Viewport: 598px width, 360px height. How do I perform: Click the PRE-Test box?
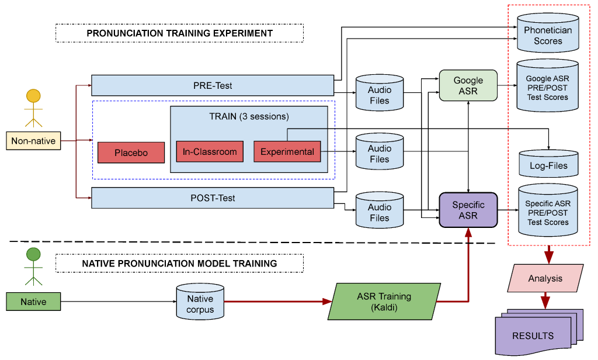[x=213, y=85]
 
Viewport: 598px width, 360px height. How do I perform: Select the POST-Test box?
[x=213, y=198]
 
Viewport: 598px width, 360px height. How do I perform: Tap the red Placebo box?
[x=131, y=153]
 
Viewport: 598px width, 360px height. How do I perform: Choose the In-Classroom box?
[x=210, y=152]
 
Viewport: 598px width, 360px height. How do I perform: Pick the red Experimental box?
[x=287, y=152]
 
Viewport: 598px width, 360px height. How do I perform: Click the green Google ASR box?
[x=468, y=85]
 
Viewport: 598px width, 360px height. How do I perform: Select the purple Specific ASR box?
[x=468, y=210]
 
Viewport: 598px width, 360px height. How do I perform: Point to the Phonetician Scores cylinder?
[x=547, y=36]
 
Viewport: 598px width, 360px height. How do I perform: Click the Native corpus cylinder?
[x=200, y=303]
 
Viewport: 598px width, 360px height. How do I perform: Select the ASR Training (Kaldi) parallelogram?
[x=384, y=302]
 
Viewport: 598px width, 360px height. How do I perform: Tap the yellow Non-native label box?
[x=33, y=141]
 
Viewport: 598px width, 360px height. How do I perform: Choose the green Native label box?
[x=33, y=302]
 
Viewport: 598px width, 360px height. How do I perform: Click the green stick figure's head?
[x=33, y=255]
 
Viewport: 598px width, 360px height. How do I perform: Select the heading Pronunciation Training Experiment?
[x=179, y=33]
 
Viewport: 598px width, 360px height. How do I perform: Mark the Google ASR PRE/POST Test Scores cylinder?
[x=547, y=88]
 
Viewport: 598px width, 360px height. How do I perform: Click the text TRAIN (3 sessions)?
[x=249, y=116]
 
